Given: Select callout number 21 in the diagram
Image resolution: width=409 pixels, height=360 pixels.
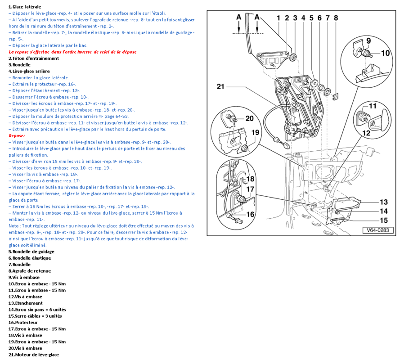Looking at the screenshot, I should [x=220, y=87].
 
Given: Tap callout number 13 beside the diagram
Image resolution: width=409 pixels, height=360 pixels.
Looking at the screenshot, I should [x=383, y=202].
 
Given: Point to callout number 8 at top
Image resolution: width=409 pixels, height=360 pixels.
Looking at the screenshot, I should [x=336, y=18].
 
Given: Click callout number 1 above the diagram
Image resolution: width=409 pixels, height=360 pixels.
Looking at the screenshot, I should [x=279, y=18].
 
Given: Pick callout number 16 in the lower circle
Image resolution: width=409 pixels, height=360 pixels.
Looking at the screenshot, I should [x=250, y=214].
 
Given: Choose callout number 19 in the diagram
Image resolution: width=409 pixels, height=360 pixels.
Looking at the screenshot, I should [x=255, y=132].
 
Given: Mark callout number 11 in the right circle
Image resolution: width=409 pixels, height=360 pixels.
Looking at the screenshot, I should [x=373, y=106].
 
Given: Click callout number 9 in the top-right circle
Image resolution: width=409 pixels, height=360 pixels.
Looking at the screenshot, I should [x=368, y=41].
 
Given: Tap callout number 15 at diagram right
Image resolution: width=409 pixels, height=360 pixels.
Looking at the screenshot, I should [x=383, y=220].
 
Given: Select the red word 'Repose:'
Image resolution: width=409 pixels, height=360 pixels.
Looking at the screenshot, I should [x=17, y=135].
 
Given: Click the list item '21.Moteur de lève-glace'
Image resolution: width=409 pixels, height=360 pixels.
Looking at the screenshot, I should [x=33, y=355].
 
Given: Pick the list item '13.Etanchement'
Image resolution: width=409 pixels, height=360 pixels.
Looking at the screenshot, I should [x=26, y=303].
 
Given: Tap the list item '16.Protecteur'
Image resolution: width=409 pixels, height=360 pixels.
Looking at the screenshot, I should [x=23, y=322].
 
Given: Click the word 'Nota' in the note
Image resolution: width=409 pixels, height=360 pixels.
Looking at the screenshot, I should [x=14, y=225].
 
